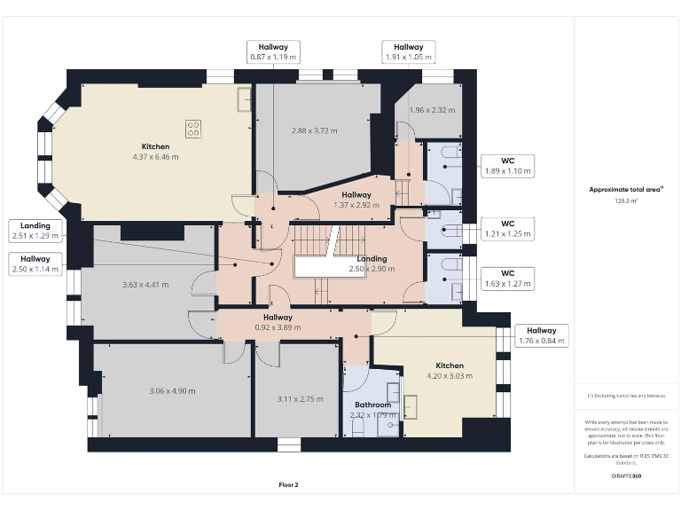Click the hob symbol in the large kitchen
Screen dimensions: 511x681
pyautogui.click(x=192, y=128)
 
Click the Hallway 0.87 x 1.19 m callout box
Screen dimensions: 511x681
pyautogui.click(x=273, y=51)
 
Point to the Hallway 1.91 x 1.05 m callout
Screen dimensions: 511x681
pyautogui.click(x=408, y=51)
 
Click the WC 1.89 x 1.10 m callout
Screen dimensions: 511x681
pyautogui.click(x=507, y=165)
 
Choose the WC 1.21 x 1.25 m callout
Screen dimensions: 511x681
pyautogui.click(x=507, y=229)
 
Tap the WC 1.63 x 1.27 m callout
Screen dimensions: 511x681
pyautogui.click(x=507, y=279)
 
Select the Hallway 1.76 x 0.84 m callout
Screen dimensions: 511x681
pyautogui.click(x=542, y=335)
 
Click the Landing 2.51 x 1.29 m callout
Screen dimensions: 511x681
pyautogui.click(x=35, y=231)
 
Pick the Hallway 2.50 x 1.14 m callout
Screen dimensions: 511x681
pyautogui.click(x=35, y=263)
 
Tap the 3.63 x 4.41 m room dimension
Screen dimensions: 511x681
pyautogui.click(x=145, y=285)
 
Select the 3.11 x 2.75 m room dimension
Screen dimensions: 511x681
pyautogui.click(x=299, y=399)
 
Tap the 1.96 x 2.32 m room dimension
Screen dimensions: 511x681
pyautogui.click(x=432, y=110)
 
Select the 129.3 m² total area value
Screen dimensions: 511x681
pyautogui.click(x=627, y=200)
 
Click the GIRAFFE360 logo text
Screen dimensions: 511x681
pyautogui.click(x=626, y=476)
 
